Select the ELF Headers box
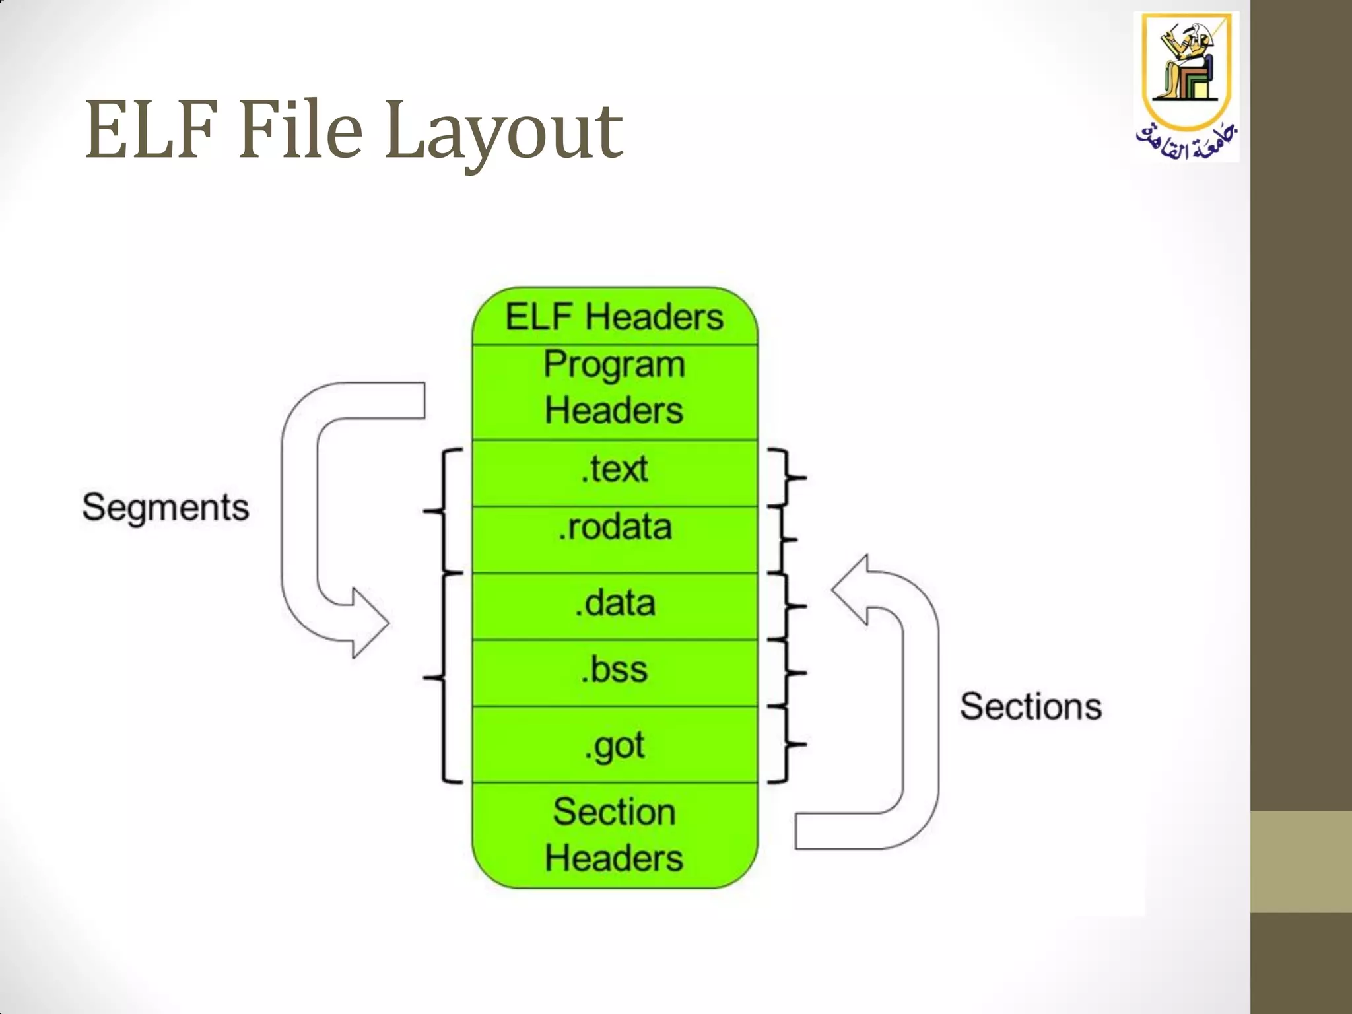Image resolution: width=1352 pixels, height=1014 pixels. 615,317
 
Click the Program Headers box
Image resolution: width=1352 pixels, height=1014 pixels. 615,389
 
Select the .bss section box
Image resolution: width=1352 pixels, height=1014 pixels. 615,671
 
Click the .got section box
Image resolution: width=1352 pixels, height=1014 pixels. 615,745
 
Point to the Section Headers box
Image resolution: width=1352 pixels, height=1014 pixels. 615,835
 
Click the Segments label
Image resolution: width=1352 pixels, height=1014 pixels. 166,508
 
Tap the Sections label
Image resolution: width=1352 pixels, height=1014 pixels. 1031,707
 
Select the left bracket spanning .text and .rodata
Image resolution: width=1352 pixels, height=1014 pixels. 444,510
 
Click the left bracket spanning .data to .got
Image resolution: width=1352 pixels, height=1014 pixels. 444,678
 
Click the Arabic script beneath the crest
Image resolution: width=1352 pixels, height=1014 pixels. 1186,143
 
